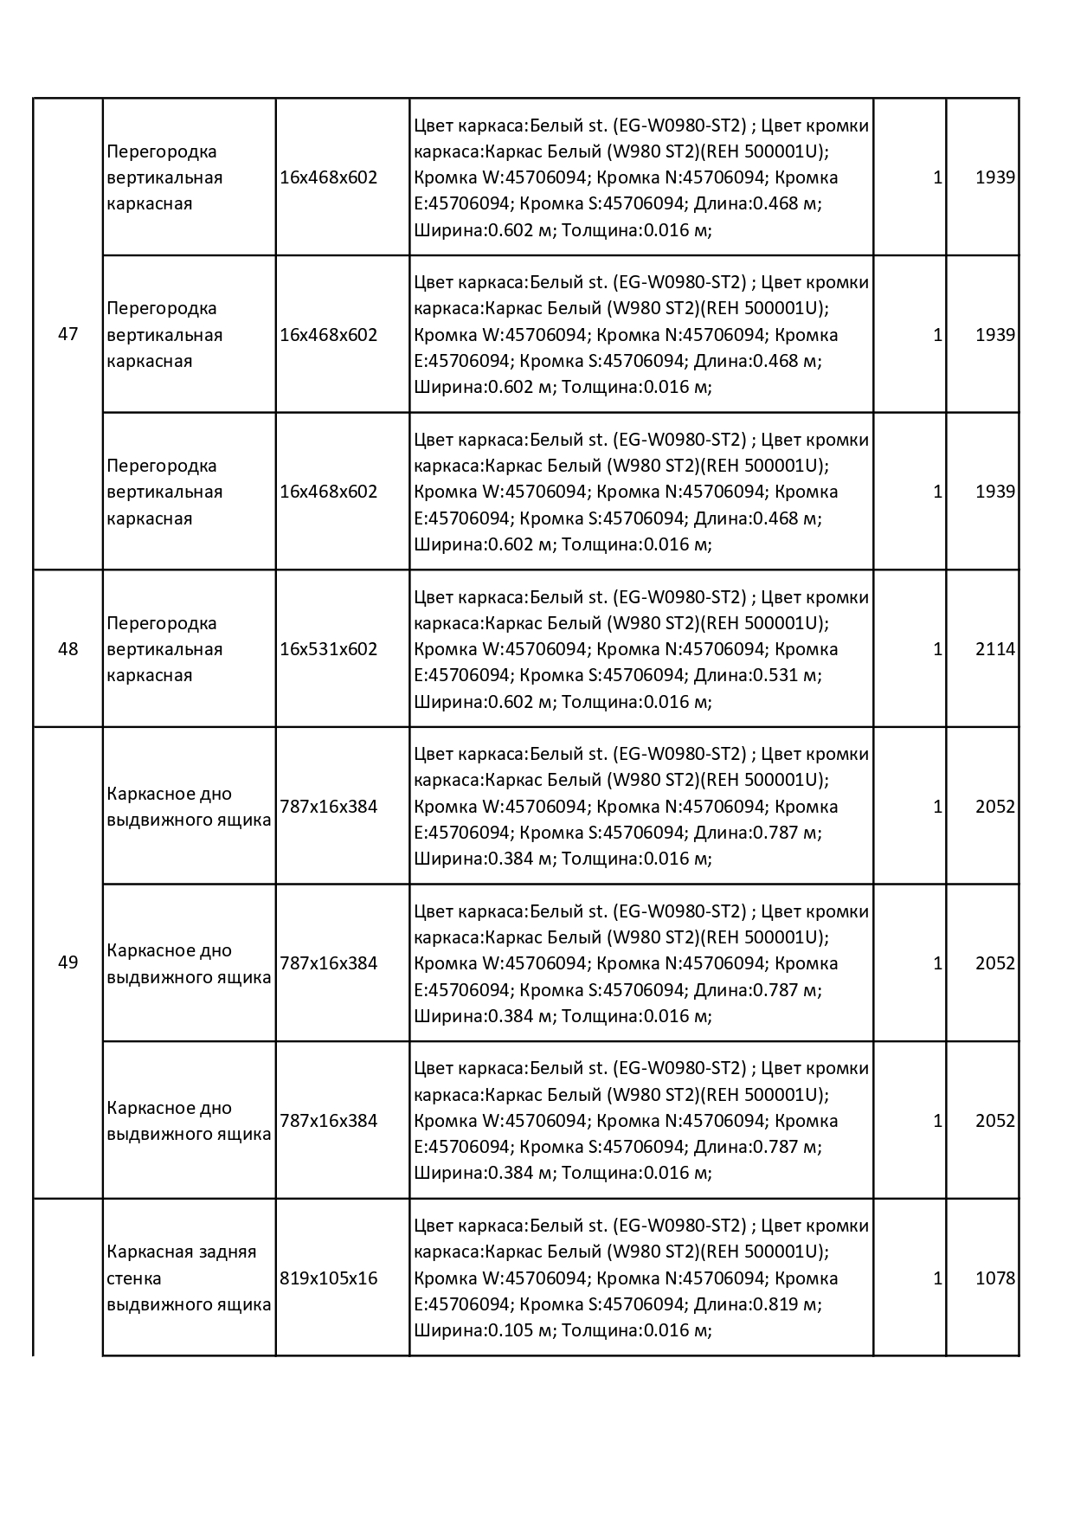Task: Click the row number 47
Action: [68, 334]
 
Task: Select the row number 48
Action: [68, 649]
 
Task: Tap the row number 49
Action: [68, 962]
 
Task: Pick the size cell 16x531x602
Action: [329, 649]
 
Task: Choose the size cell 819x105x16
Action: [329, 1278]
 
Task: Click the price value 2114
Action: [994, 649]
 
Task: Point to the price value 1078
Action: [994, 1278]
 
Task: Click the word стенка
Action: [134, 1278]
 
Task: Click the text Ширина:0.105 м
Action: [483, 1330]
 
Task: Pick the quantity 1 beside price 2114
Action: [937, 649]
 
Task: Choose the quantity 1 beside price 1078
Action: [937, 1278]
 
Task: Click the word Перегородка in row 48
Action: [162, 623]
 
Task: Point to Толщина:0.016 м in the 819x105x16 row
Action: [636, 1330]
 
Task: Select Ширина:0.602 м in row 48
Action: [483, 702]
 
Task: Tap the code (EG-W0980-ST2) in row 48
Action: [678, 597]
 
